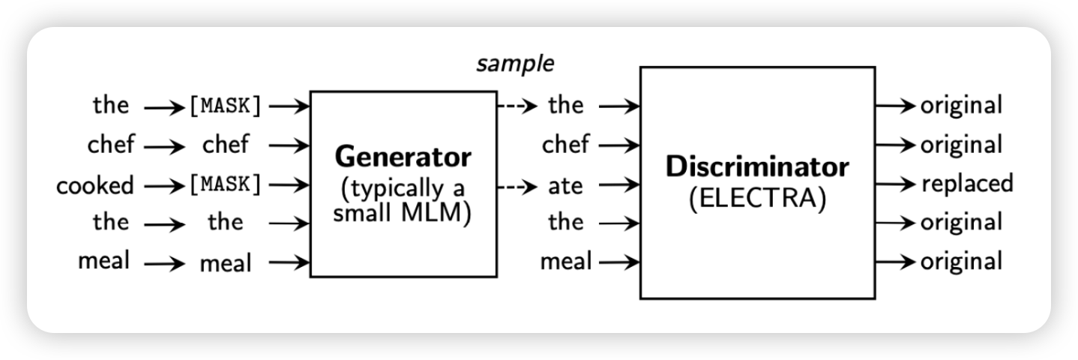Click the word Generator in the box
(403, 157)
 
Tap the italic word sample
(516, 64)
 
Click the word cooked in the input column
(94, 184)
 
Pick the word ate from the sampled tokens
(565, 184)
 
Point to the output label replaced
(967, 183)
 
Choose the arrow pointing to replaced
(897, 184)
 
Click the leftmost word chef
(109, 145)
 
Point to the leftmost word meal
(103, 262)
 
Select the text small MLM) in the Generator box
(403, 212)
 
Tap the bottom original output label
(961, 262)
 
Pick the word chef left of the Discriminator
(565, 145)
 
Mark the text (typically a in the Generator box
(403, 187)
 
